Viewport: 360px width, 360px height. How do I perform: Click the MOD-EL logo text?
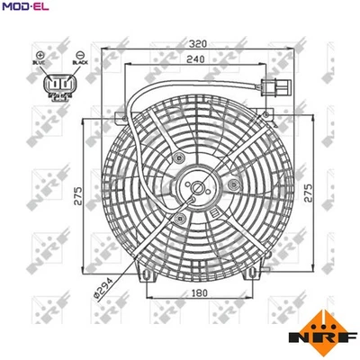25,8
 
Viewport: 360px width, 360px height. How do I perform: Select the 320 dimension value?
201,42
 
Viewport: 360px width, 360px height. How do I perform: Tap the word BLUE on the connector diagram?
40,65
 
